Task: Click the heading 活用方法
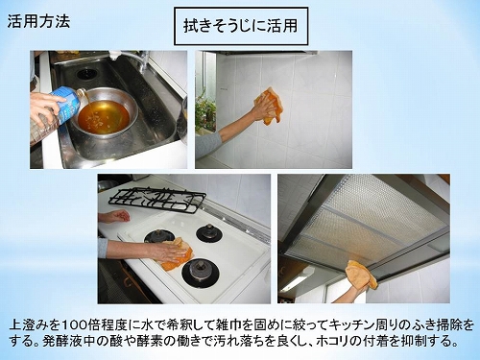[x=38, y=21]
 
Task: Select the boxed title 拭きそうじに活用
[x=241, y=26]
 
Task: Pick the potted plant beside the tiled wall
[x=204, y=108]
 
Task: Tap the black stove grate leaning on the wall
[x=157, y=199]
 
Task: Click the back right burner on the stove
[x=209, y=233]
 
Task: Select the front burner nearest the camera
[x=201, y=273]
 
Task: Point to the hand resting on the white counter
[x=117, y=216]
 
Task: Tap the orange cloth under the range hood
[x=362, y=274]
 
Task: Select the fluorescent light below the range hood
[x=294, y=282]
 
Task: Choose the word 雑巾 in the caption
[x=220, y=325]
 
